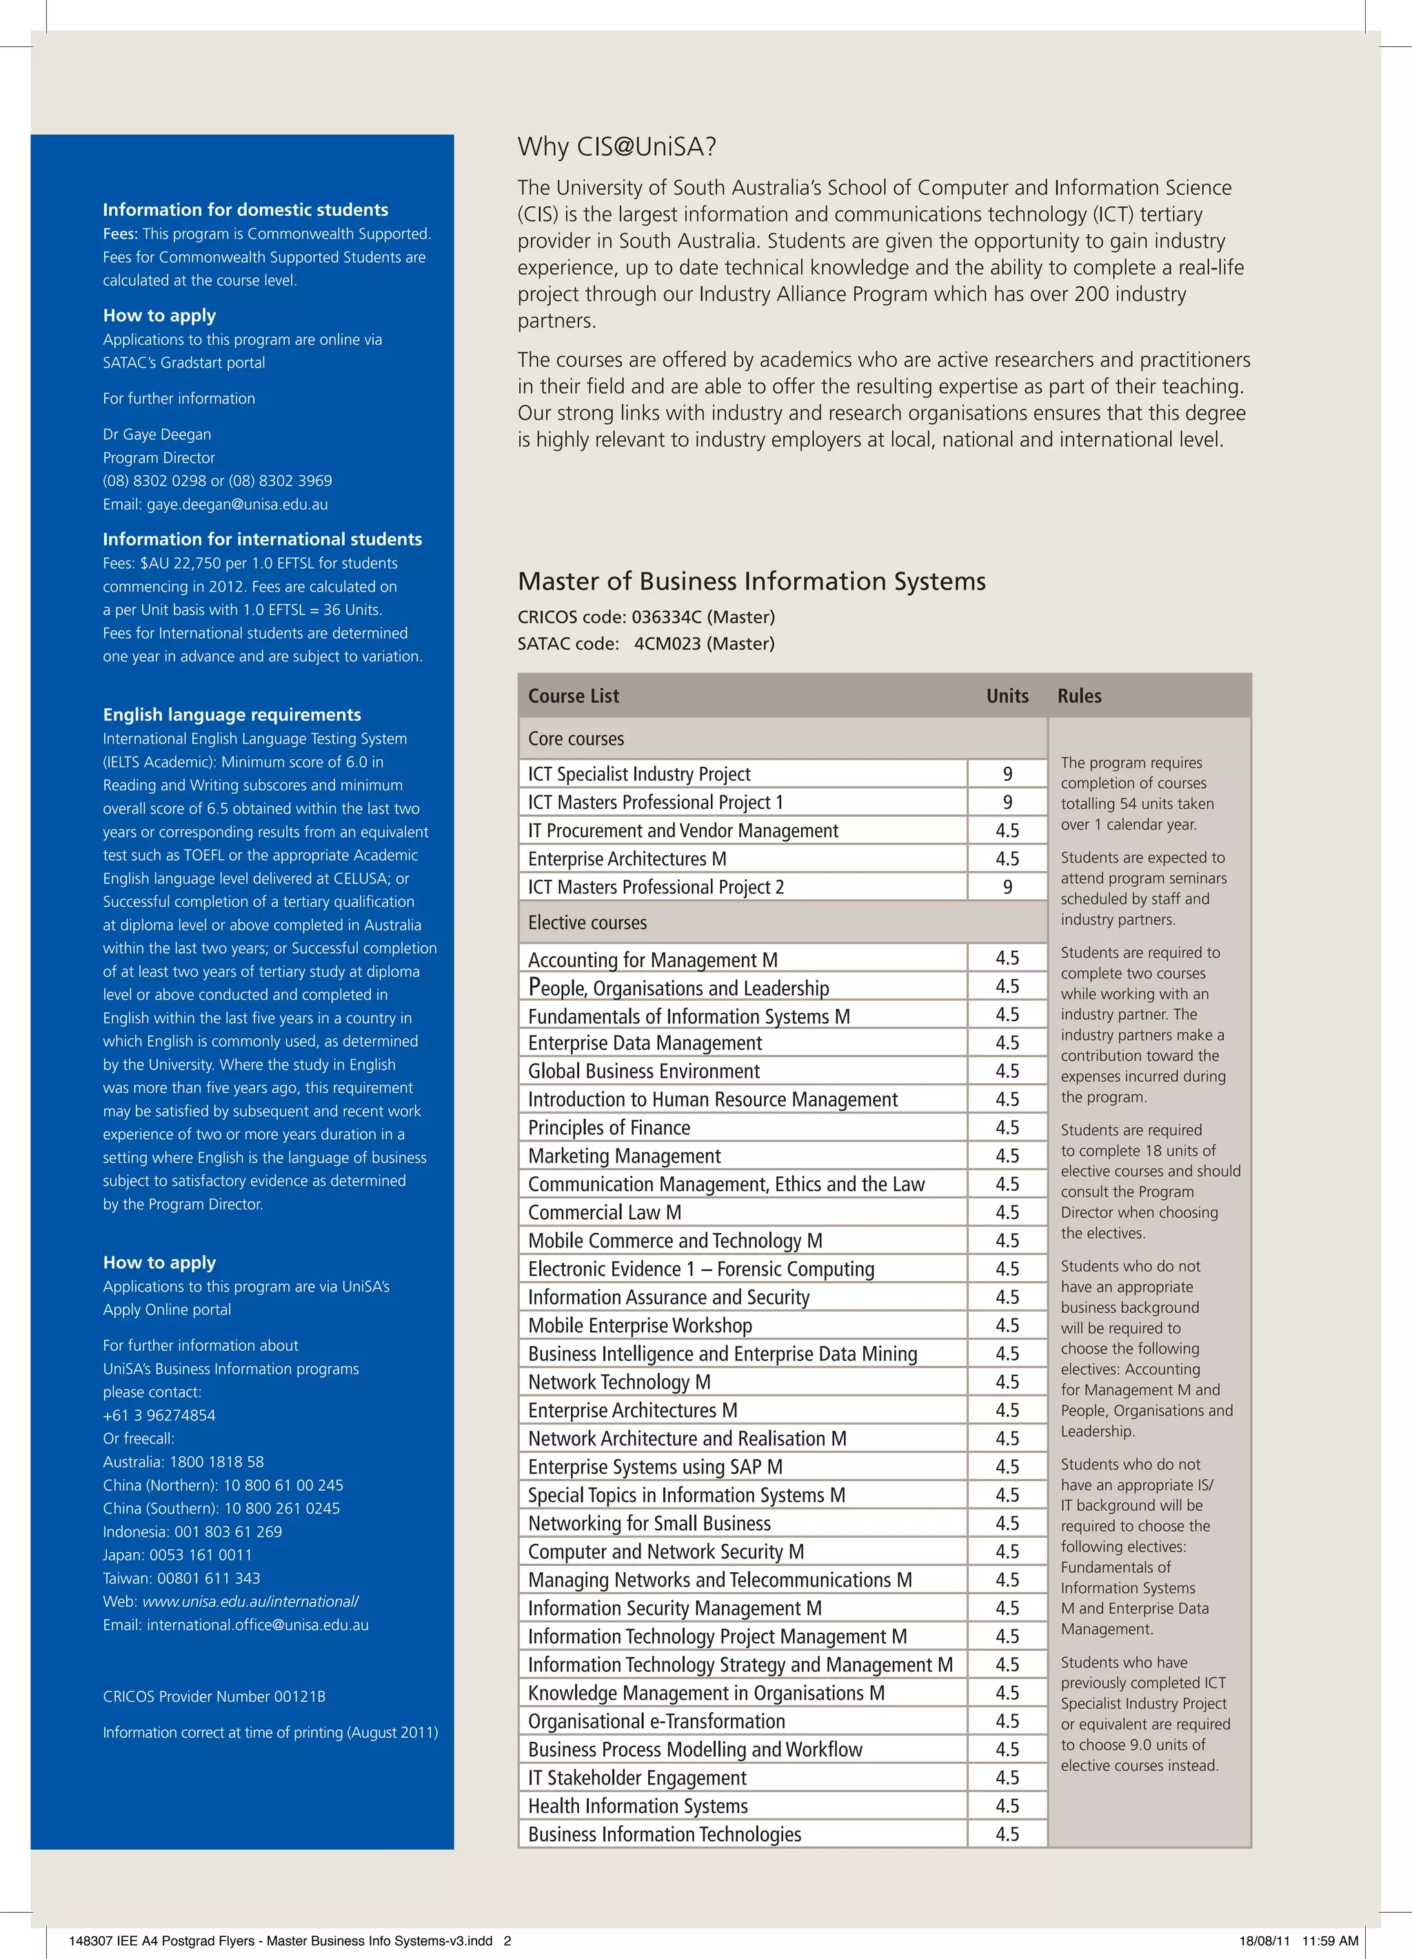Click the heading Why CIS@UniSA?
616,147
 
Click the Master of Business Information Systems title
752,581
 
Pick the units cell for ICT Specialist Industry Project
1007,774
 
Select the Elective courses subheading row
587,923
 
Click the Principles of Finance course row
609,1127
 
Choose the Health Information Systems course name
637,1806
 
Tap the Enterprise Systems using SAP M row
654,1467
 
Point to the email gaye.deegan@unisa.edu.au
236,505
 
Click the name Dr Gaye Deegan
157,434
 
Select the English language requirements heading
232,714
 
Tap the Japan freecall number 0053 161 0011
201,1555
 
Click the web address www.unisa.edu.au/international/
250,1601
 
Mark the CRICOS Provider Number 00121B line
214,1696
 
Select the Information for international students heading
262,539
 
